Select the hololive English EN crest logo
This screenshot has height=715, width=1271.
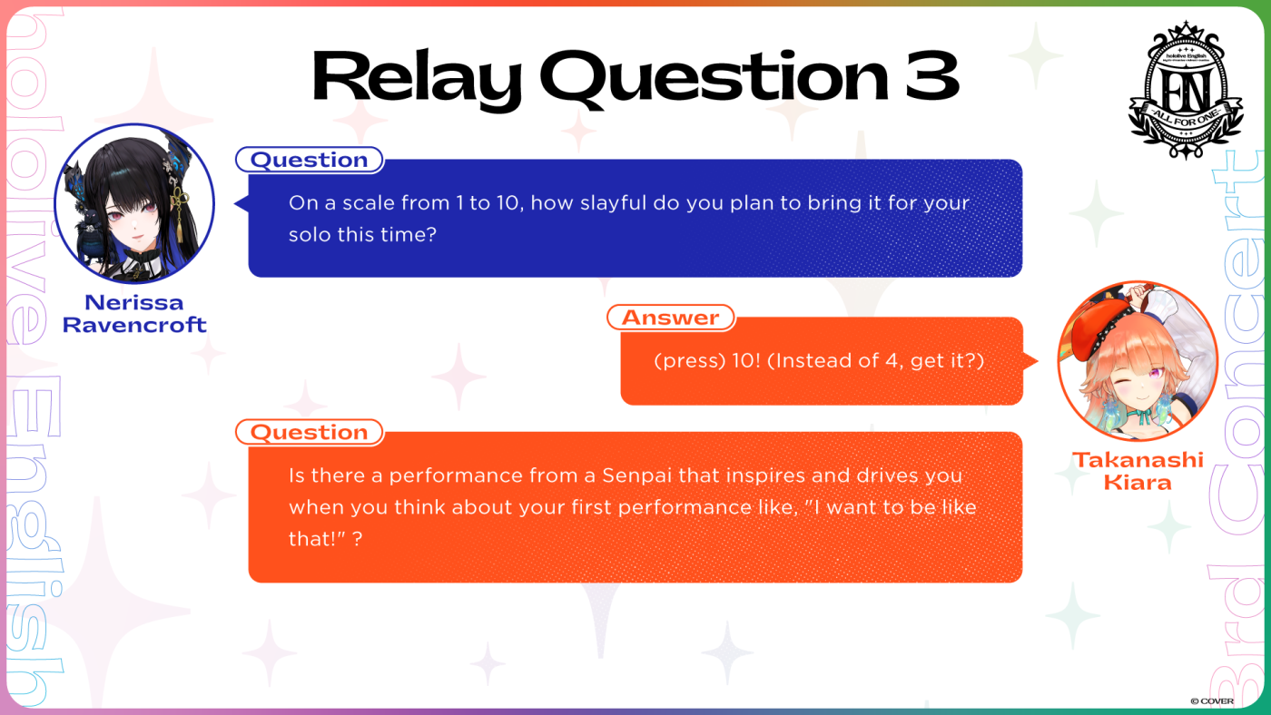click(1186, 91)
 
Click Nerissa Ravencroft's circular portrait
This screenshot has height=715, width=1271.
click(134, 203)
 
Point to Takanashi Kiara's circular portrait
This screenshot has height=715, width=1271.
click(1138, 361)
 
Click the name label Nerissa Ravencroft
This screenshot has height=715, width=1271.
click(134, 314)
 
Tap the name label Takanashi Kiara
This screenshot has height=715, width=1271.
click(1138, 471)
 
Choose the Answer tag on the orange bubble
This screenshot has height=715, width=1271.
click(671, 318)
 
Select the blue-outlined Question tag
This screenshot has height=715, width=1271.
click(310, 160)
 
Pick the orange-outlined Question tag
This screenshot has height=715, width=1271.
click(310, 433)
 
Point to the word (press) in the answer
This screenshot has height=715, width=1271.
click(689, 361)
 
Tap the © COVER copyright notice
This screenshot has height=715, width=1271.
click(1212, 701)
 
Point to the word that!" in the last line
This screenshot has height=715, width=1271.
click(317, 539)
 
